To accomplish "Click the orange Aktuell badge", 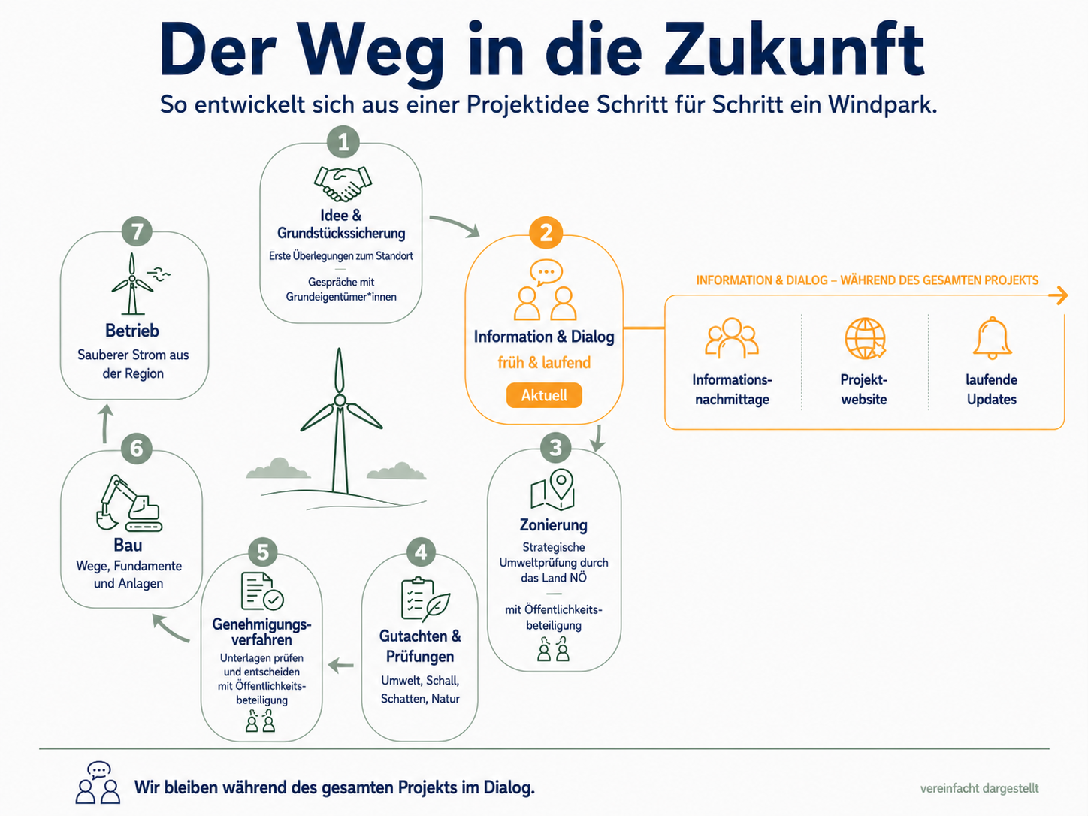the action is (x=544, y=395).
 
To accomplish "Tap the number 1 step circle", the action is (x=343, y=142).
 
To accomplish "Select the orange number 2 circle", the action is (x=546, y=232).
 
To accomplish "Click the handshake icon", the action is (x=343, y=183).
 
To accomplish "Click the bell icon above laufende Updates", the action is (x=992, y=338).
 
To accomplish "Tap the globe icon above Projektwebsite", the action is (x=865, y=338).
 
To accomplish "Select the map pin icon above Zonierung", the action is (x=552, y=489).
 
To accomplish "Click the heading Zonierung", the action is (x=553, y=525).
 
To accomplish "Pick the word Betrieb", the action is (x=131, y=331).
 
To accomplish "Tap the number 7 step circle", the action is (x=137, y=231).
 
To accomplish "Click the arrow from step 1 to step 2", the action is (x=455, y=225).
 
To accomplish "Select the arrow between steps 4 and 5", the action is (x=341, y=666).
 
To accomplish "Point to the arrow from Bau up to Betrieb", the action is (x=105, y=424).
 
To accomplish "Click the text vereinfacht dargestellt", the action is (x=980, y=788).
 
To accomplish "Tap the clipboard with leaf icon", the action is (x=425, y=599).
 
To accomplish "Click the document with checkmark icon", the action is (x=261, y=591).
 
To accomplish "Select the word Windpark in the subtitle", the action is (x=882, y=104).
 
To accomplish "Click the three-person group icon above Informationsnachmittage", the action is (x=732, y=338).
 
